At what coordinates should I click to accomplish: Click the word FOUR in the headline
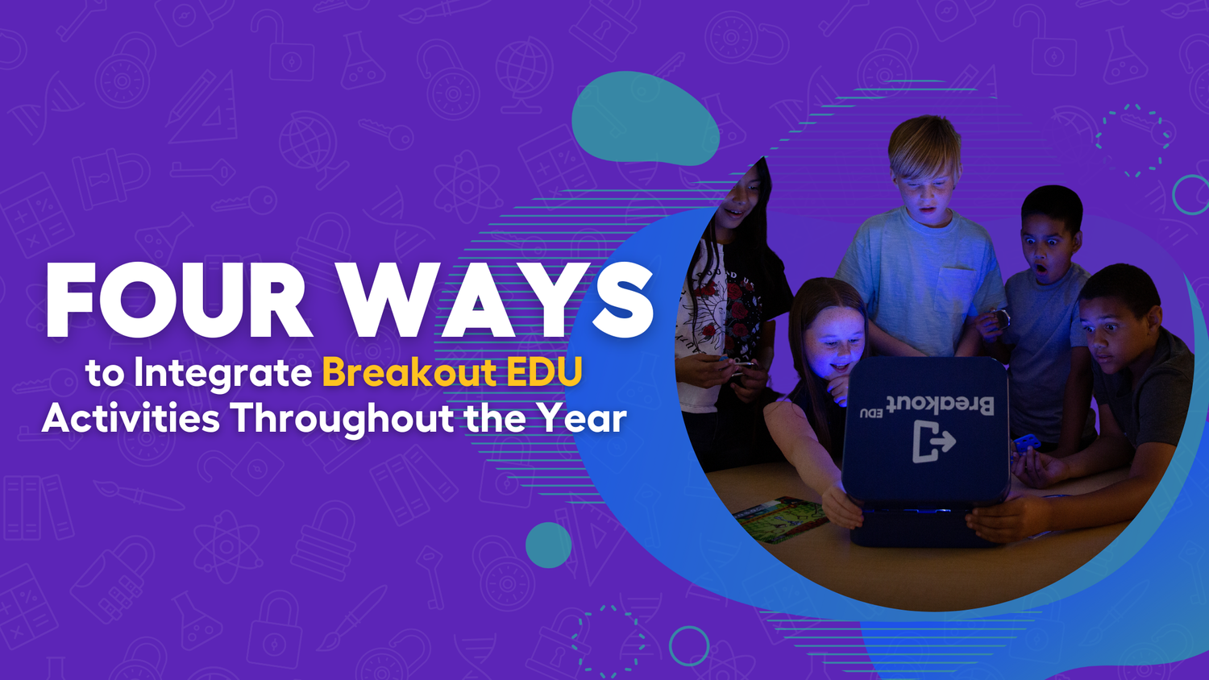tap(178, 300)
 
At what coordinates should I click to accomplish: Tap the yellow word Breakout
tap(409, 372)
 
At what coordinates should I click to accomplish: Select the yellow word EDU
tap(544, 372)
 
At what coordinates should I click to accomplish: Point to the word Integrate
tap(223, 373)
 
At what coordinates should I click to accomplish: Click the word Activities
tap(131, 418)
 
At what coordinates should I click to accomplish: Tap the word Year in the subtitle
tap(582, 418)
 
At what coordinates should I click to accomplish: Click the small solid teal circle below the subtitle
tap(548, 545)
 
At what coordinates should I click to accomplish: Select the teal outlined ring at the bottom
tap(689, 645)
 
